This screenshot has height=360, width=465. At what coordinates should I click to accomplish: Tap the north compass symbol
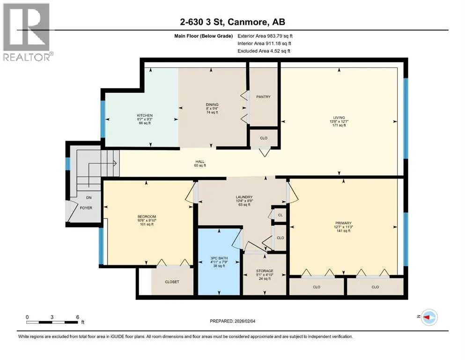point(429,317)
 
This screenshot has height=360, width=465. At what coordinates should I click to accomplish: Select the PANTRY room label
point(263,97)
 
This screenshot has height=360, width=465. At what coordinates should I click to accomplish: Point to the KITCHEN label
point(145,115)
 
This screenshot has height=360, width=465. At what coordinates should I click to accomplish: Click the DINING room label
point(212,105)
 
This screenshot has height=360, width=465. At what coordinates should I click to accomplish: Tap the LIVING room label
point(339,118)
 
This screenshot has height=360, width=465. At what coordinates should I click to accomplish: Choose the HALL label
point(200,161)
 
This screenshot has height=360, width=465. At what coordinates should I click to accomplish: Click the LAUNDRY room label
point(244,197)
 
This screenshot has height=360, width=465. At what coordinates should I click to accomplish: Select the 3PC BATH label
point(219,258)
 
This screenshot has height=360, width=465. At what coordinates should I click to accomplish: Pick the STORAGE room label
point(265,271)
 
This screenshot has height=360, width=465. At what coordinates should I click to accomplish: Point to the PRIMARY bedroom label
point(343,223)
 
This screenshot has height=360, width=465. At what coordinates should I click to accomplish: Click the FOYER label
point(86,208)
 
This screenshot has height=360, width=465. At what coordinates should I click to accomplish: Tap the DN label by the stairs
point(89,198)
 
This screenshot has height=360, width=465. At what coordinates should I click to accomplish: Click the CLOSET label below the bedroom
point(172,282)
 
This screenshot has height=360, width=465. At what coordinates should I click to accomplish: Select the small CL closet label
point(280,215)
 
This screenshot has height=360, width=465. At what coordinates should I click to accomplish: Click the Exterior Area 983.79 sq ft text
point(265,36)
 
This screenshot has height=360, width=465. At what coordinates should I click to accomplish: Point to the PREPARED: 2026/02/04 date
point(232,321)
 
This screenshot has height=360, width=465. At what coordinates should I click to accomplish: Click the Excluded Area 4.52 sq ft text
point(264,51)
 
